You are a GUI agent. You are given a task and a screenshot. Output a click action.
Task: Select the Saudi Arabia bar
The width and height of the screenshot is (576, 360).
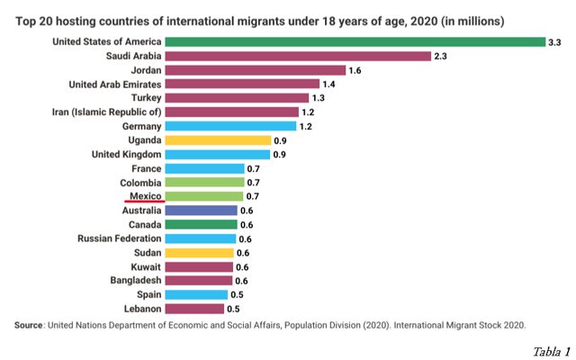pos(300,56)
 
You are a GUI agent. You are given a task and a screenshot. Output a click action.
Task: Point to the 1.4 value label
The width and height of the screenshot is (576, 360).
pos(328,85)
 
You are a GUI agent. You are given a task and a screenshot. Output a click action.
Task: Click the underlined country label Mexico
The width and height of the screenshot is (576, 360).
pos(144,195)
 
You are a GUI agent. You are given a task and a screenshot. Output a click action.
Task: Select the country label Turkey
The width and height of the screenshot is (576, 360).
pos(144,98)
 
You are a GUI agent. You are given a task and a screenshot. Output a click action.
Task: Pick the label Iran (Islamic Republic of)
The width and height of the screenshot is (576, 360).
pos(108,112)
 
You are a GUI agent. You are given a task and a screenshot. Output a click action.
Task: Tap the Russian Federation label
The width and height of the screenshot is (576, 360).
pos(119,238)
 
